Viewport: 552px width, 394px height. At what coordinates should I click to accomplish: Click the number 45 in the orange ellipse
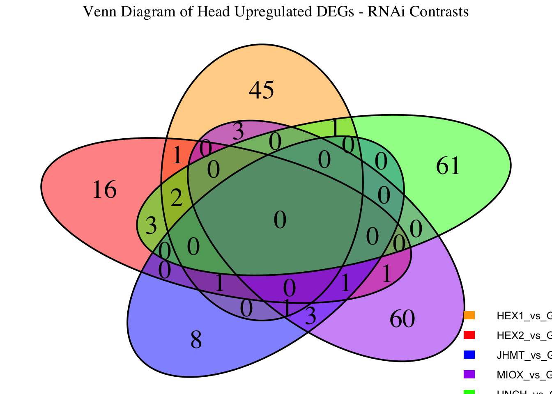[262, 90]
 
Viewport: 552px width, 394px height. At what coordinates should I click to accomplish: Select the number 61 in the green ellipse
[448, 167]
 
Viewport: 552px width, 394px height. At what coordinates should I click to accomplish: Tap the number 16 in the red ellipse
[104, 190]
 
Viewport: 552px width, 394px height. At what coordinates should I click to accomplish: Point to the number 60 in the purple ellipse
[402, 319]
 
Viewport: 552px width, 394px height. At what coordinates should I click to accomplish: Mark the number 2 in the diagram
[176, 199]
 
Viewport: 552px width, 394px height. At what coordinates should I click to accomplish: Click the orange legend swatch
[469, 316]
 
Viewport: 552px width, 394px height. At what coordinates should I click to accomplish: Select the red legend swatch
[469, 335]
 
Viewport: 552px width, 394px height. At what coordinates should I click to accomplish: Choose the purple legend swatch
[469, 374]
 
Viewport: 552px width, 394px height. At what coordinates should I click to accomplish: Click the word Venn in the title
[97, 11]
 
